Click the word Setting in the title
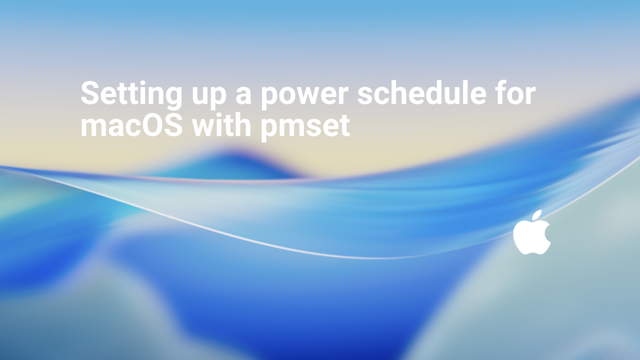click(x=131, y=93)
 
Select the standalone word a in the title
click(x=243, y=95)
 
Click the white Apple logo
click(x=531, y=233)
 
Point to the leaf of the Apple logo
click(x=537, y=215)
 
